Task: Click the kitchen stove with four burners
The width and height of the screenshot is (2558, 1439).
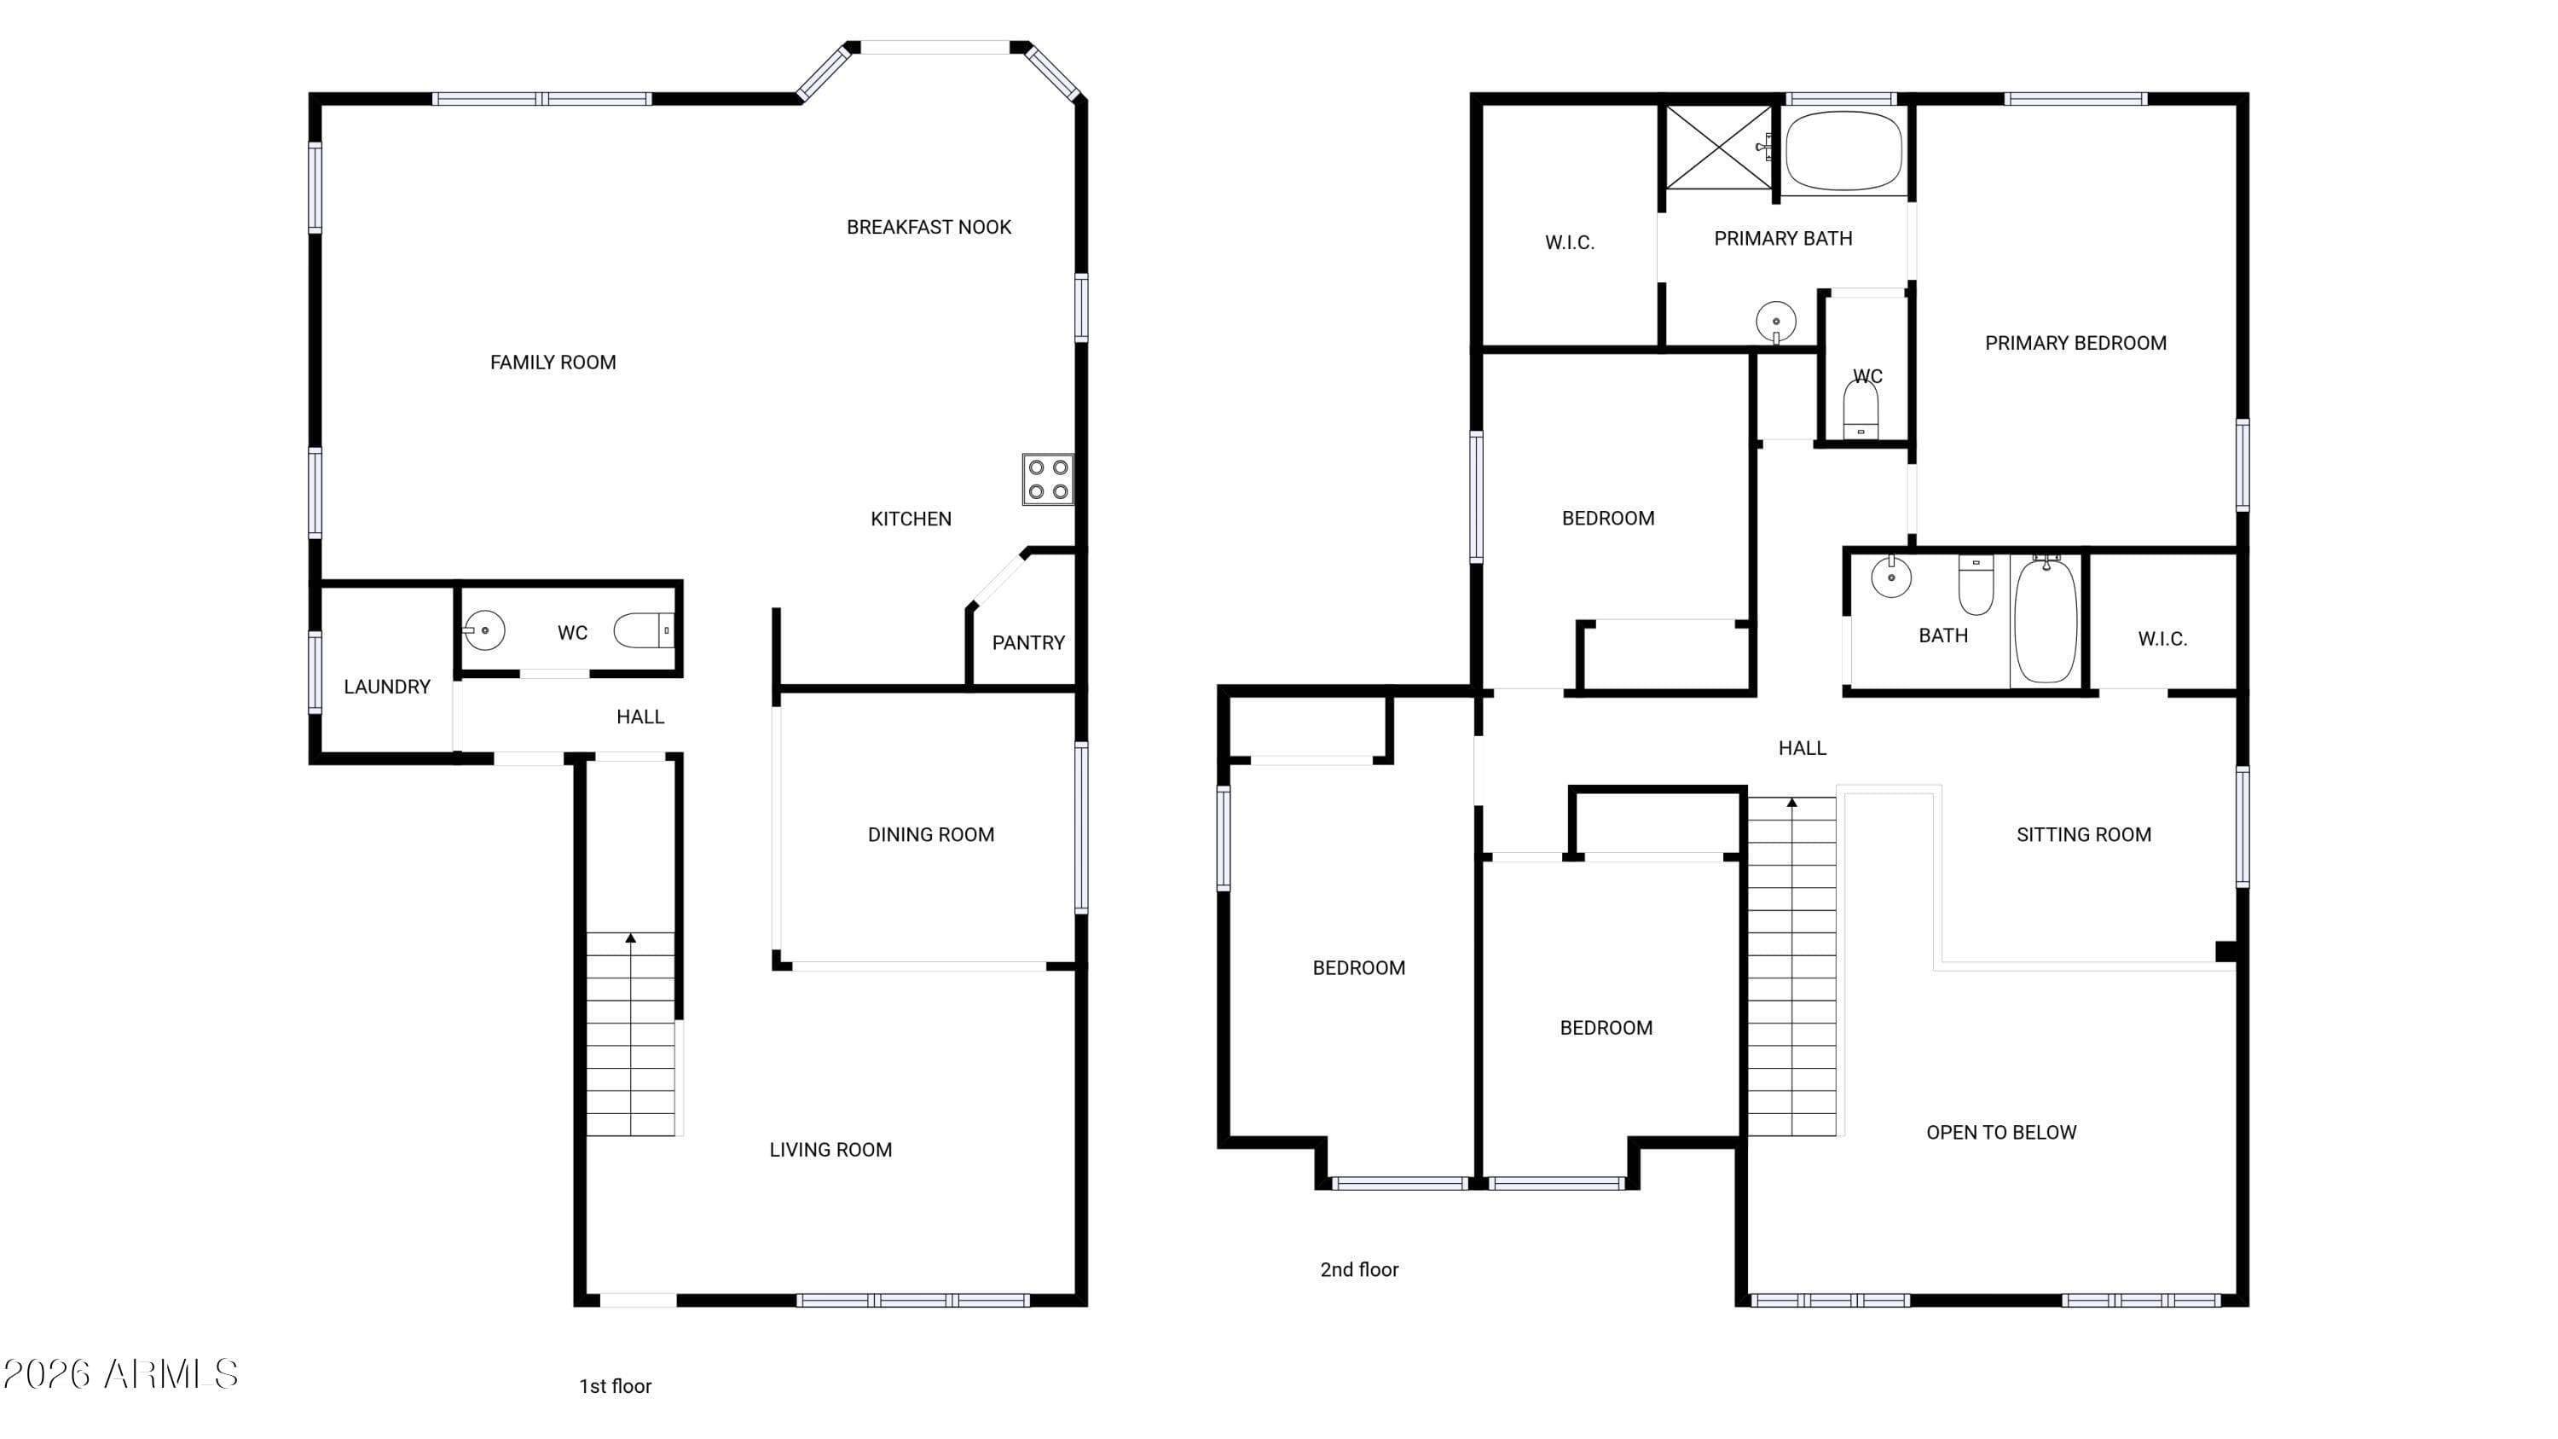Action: click(x=1048, y=479)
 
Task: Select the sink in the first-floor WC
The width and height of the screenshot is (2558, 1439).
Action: click(x=483, y=630)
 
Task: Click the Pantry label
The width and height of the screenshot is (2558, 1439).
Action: click(x=1027, y=642)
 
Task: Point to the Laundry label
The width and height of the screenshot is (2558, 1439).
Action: click(x=387, y=686)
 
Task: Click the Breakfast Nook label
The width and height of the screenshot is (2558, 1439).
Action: click(x=929, y=228)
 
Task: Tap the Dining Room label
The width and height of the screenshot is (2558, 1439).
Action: click(x=930, y=835)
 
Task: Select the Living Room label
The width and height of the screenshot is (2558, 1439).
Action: click(x=830, y=1150)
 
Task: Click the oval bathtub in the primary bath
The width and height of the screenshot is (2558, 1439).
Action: click(x=1844, y=151)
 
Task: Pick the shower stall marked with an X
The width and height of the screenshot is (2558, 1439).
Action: click(x=1718, y=147)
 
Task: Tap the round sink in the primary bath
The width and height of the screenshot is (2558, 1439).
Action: click(x=1775, y=322)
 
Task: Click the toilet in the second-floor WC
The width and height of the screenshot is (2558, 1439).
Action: click(x=1861, y=410)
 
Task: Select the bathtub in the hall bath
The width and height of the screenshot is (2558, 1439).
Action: click(x=2045, y=619)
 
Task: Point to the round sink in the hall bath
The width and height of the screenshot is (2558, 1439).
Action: click(x=1890, y=576)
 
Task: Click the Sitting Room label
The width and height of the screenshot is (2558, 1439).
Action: click(x=2083, y=835)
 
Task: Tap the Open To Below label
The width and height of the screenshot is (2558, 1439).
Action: click(x=2001, y=1132)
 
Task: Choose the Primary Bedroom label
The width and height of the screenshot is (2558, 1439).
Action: click(x=2075, y=344)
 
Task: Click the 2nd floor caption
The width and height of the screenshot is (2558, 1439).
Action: click(x=1358, y=1269)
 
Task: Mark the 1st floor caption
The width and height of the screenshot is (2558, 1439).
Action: click(x=615, y=1386)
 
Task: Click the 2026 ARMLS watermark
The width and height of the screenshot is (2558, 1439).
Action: click(x=120, y=1374)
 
